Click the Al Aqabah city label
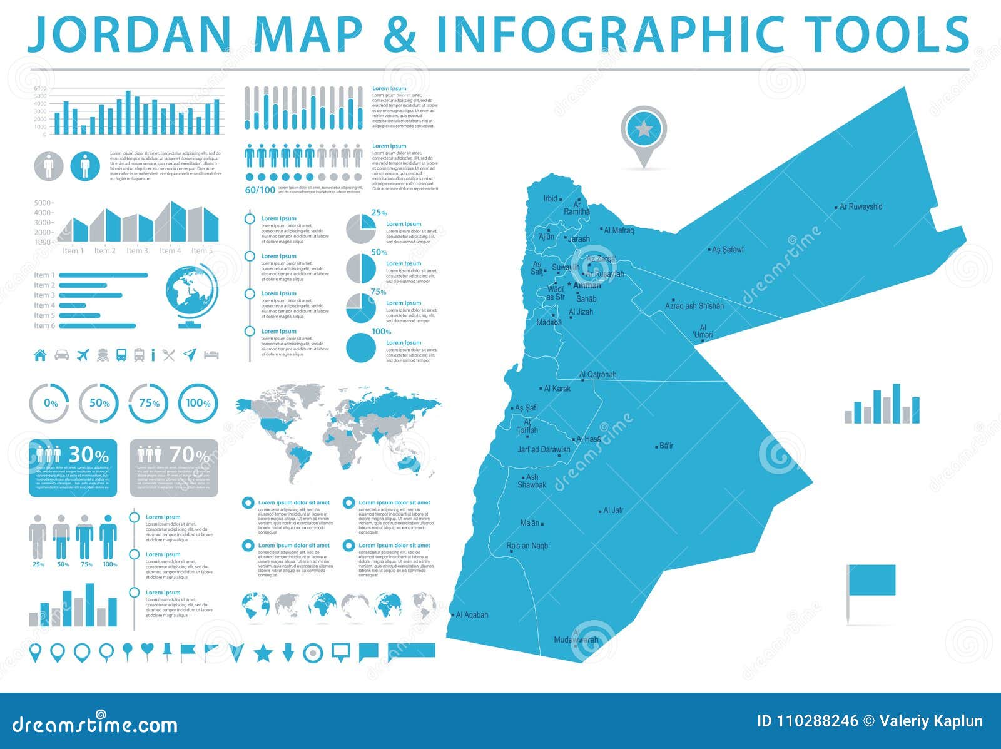(472, 615)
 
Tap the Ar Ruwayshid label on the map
(861, 206)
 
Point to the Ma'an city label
(529, 523)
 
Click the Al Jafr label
(613, 510)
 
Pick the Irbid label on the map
(550, 199)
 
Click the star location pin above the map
(644, 130)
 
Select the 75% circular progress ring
(150, 404)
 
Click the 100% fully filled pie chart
(361, 348)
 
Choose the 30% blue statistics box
(73, 467)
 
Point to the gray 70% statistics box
(174, 467)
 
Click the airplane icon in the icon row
(83, 355)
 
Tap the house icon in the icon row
(40, 355)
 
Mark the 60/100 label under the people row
(260, 190)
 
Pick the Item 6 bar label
(44, 325)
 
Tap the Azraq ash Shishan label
(694, 306)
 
